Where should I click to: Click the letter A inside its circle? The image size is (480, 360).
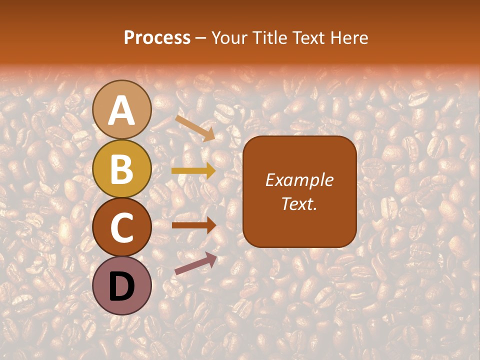coord(122,110)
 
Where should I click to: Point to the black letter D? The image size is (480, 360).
coord(122,286)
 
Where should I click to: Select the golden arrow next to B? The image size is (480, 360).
coord(193,171)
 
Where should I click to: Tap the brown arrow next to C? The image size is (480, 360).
coord(194,225)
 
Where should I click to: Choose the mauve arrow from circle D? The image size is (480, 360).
coord(195,263)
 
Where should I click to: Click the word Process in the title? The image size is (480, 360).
coord(157,37)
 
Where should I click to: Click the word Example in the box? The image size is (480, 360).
coord(299,180)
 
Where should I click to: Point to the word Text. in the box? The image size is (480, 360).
coord(299,203)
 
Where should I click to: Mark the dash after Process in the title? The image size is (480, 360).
coord(201,38)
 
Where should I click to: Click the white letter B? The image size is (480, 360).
coord(122,168)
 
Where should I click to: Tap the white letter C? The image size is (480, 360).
coord(122,227)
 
